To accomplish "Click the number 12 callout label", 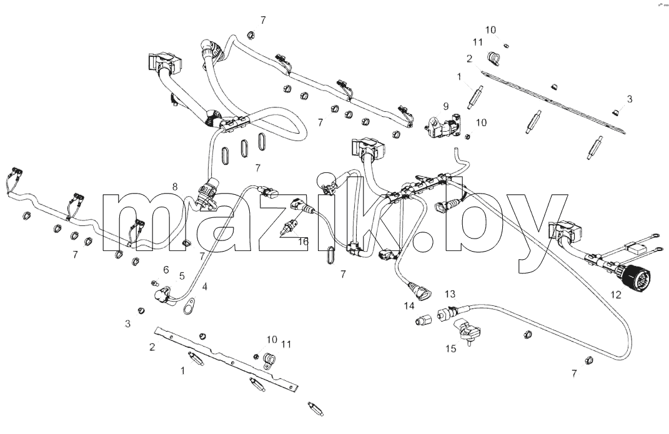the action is [x=616, y=294].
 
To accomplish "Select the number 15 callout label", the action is [x=451, y=348].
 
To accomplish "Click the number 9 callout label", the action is [x=446, y=106].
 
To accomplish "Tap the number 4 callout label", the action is [x=205, y=287].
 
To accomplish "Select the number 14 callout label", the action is [x=409, y=306].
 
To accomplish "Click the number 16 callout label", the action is [x=303, y=242].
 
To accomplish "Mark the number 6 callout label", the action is [x=166, y=269].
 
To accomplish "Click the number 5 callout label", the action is [x=182, y=276].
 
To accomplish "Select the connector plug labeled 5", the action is [x=162, y=295].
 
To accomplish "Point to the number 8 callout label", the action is [x=175, y=186].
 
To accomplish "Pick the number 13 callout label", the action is [x=450, y=293].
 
